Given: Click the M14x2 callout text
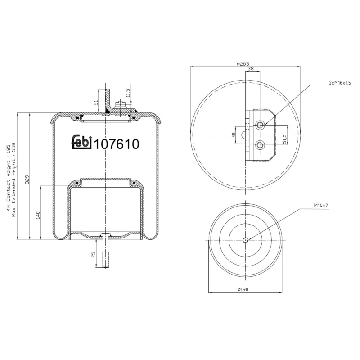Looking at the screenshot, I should pos(321,205).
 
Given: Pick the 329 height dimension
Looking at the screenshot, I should pos(27,180).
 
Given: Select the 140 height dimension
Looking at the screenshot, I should pos(38,215).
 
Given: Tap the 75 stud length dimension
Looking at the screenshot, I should pos(94,254).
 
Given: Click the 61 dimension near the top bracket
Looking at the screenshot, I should pos(96,103).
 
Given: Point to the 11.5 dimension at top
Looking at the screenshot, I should pos(128,93).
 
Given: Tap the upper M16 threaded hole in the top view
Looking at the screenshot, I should pos(260,125).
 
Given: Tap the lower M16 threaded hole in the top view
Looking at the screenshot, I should pos(260,144).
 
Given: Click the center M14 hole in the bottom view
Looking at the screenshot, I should pos(245,240).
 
